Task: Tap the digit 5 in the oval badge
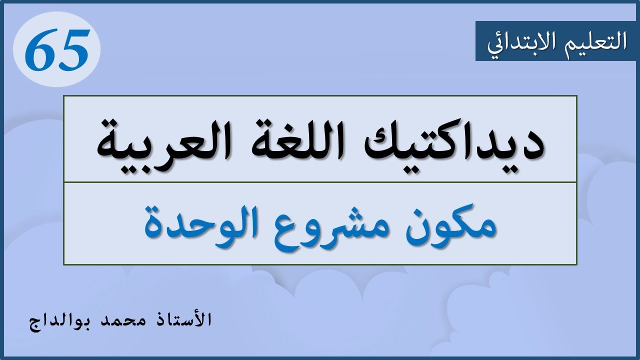click(73, 50)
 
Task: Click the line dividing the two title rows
click(320, 182)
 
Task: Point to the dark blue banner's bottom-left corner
click(476, 60)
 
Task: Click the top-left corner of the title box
click(64, 96)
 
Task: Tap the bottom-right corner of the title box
click(576, 264)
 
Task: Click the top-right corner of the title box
click(576, 96)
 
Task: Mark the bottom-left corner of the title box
click(64, 264)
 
